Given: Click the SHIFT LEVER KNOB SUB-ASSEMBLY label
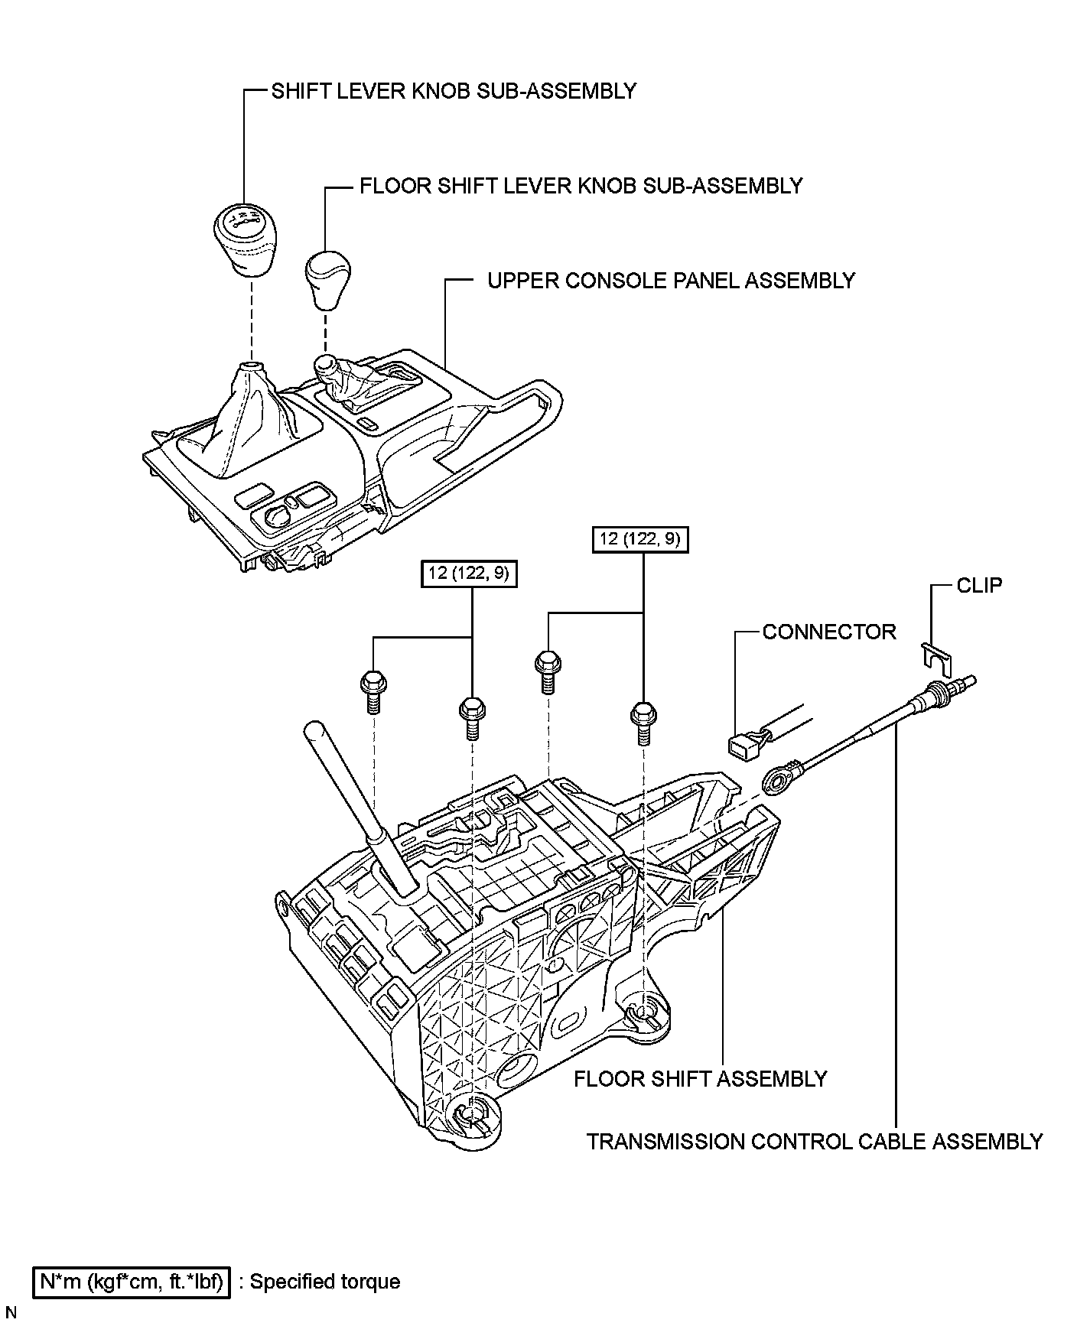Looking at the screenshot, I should [x=454, y=91].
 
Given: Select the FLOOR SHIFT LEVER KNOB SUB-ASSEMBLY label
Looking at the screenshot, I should [x=581, y=186].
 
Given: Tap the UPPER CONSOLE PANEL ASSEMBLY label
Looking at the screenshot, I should [x=671, y=281].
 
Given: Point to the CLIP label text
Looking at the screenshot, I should [x=979, y=586].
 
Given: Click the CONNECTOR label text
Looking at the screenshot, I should [x=829, y=632].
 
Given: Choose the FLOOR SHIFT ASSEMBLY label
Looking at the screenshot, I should [x=700, y=1079].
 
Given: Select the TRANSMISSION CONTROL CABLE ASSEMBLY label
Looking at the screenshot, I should [x=815, y=1142].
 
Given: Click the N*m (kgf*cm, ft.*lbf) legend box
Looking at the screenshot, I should [x=131, y=1282].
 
